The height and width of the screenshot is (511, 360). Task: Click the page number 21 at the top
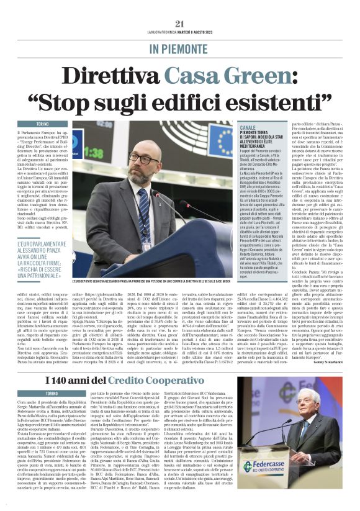point(180,24)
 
